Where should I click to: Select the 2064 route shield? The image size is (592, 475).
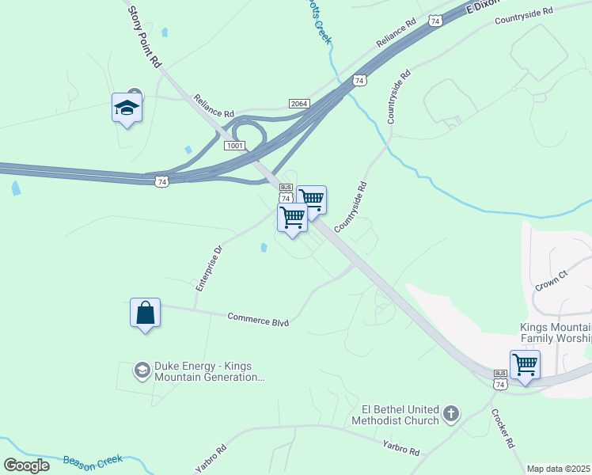298,104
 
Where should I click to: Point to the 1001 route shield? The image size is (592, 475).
234,146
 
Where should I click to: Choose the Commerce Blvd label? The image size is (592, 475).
258,319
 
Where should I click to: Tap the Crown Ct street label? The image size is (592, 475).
552,279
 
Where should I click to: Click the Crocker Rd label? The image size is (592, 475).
503,429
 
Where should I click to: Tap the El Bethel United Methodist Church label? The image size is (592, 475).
400,414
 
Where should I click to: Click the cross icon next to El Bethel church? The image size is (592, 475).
451,413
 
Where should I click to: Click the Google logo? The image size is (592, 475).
26,465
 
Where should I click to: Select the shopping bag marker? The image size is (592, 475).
146,313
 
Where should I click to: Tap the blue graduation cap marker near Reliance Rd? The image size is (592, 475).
127,107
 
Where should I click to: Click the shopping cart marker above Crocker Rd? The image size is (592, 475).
525,365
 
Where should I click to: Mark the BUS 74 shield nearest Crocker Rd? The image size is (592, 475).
500,378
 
